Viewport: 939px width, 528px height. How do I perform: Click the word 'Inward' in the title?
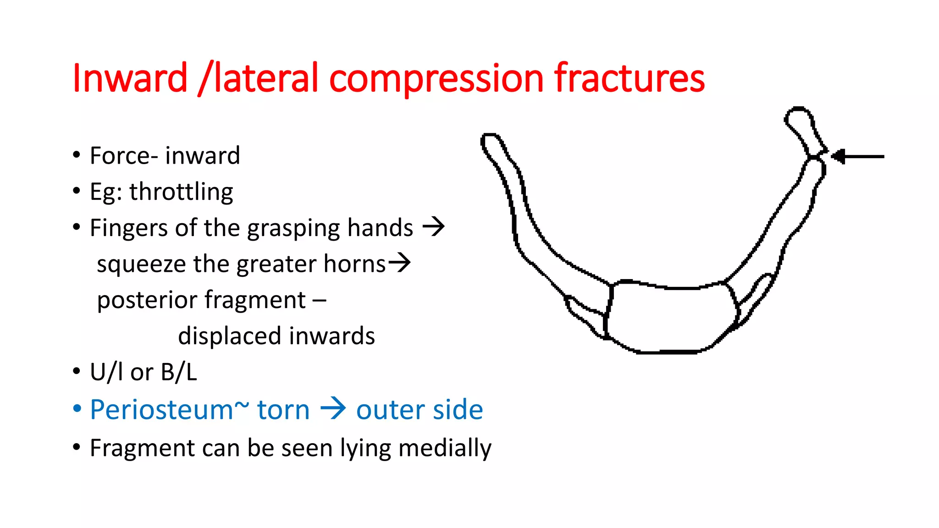tap(130, 78)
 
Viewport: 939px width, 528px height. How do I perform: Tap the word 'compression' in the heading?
tap(436, 79)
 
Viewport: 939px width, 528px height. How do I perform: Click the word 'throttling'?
tap(181, 192)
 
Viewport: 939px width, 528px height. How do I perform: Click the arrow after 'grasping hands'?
tap(433, 226)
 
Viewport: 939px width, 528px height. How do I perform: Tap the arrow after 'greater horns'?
tap(399, 263)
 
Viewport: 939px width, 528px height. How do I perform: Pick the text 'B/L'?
tap(179, 372)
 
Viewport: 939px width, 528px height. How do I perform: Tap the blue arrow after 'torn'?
tap(333, 408)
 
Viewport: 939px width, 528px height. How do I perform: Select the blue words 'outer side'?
tap(420, 409)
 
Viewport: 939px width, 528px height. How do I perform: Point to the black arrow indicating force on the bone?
tap(857, 157)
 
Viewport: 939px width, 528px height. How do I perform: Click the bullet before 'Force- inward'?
tap(77, 155)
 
